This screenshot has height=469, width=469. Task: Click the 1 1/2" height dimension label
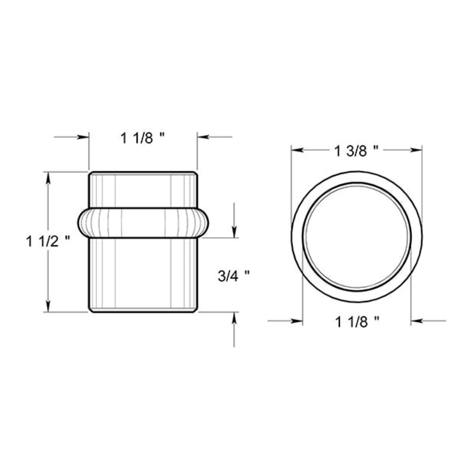52,241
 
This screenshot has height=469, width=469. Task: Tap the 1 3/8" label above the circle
355,151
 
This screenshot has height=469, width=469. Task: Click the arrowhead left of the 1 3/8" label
296,151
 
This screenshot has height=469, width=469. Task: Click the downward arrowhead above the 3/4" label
235,232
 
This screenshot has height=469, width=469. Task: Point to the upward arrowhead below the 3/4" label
235,317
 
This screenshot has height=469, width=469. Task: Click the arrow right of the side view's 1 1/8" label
202,138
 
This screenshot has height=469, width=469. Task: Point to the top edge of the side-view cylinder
142,172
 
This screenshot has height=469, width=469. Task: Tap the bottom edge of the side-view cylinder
142,312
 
